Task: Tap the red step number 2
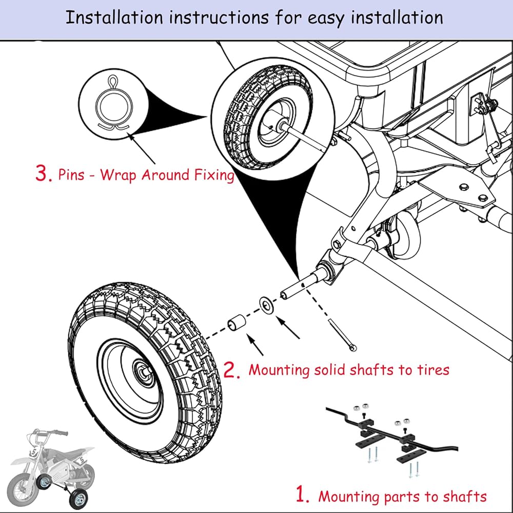point(232,370)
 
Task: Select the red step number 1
point(302,494)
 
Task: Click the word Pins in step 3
point(71,174)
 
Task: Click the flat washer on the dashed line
point(267,305)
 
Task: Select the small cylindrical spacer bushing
point(237,322)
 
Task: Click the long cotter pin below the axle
point(342,335)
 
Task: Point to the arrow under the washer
point(288,327)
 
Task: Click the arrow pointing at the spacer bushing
point(255,345)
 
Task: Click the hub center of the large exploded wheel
point(143,371)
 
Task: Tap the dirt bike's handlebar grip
point(61,432)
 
